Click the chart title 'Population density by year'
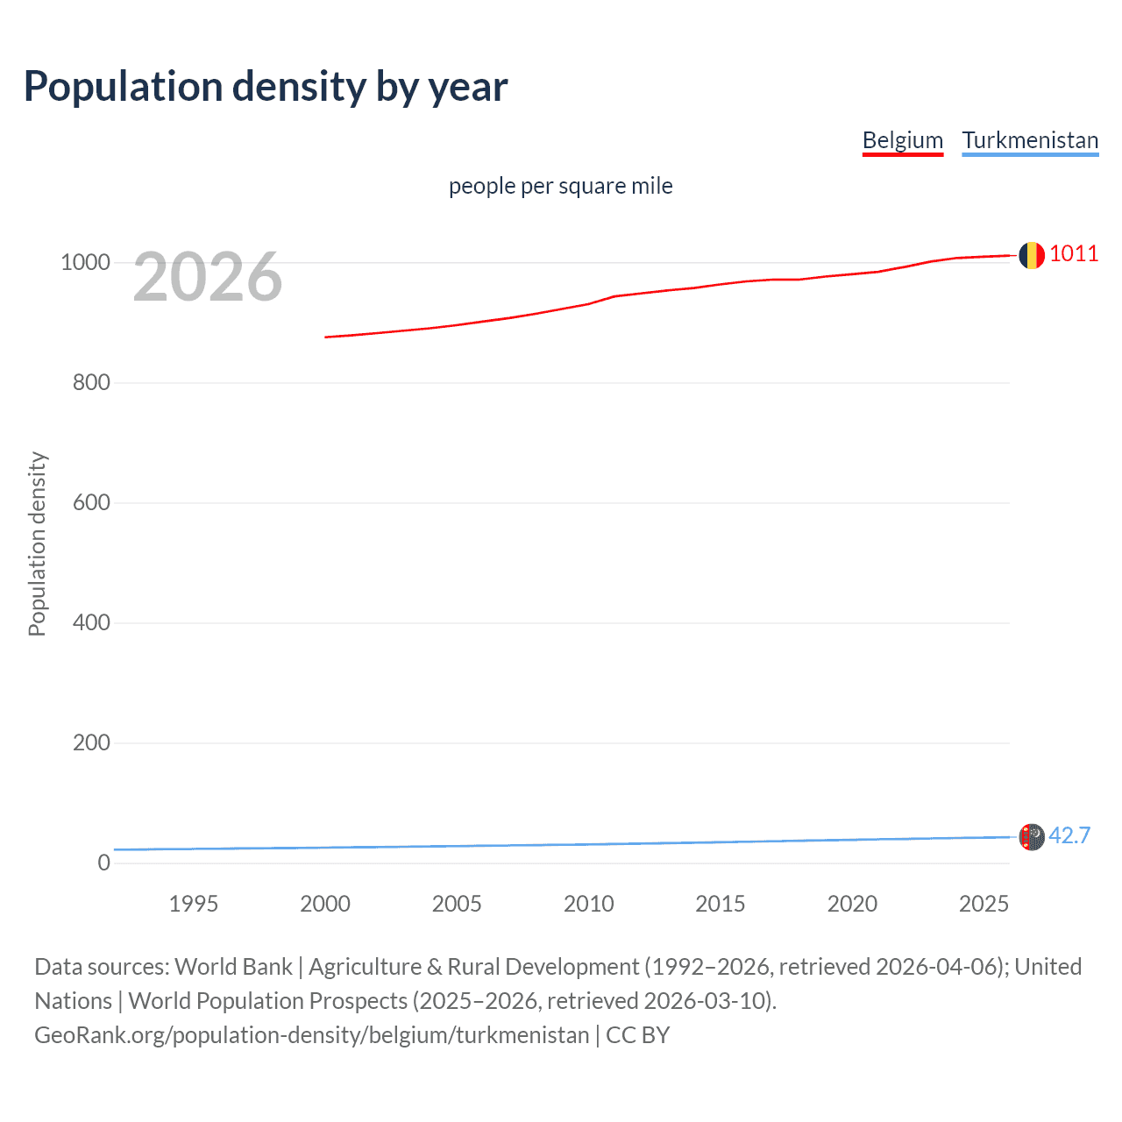click(x=266, y=87)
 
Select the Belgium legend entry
click(x=902, y=140)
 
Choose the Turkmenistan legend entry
click(x=1030, y=140)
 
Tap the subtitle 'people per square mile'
click(x=561, y=186)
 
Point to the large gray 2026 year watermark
click(x=208, y=277)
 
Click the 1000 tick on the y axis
click(x=85, y=262)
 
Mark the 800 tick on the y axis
click(x=91, y=382)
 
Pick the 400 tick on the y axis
click(x=91, y=622)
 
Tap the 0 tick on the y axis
click(x=104, y=863)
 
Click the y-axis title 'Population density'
click(x=37, y=543)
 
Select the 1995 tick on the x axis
click(x=193, y=904)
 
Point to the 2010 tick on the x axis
click(x=588, y=904)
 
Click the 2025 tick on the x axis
click(x=984, y=904)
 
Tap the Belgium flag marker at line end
click(x=1031, y=255)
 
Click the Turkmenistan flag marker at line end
click(x=1032, y=837)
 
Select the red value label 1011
click(x=1074, y=254)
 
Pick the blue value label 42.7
click(x=1069, y=835)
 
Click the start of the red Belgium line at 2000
click(x=326, y=337)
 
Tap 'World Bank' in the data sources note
click(x=233, y=967)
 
